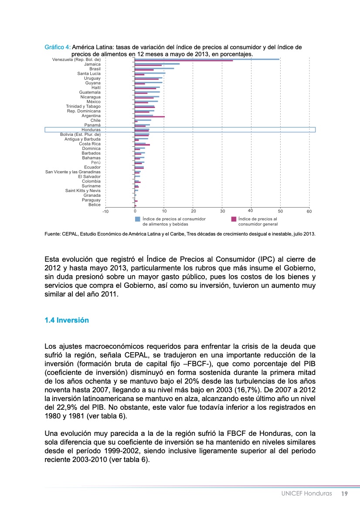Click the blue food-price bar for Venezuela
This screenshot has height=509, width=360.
coord(207,59)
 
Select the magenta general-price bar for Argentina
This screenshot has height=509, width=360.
coord(149,117)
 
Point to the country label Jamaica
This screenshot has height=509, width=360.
coord(92,64)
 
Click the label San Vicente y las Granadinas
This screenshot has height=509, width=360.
coord(73,172)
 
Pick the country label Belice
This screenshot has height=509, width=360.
coord(95,205)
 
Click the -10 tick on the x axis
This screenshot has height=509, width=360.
coord(105,211)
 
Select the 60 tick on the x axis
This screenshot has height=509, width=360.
coord(309,211)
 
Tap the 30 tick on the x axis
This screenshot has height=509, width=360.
coord(222,211)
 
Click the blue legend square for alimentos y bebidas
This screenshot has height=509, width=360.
coord(138,219)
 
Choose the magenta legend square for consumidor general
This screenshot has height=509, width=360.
coord(234,219)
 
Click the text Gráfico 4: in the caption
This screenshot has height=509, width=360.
coord(58,47)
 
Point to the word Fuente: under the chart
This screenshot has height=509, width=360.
coord(53,234)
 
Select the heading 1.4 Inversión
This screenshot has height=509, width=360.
coord(67,320)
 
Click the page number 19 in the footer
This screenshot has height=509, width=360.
coord(344,494)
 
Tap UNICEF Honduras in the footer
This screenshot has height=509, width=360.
coord(306,494)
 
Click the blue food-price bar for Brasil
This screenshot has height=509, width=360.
coord(154,68)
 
